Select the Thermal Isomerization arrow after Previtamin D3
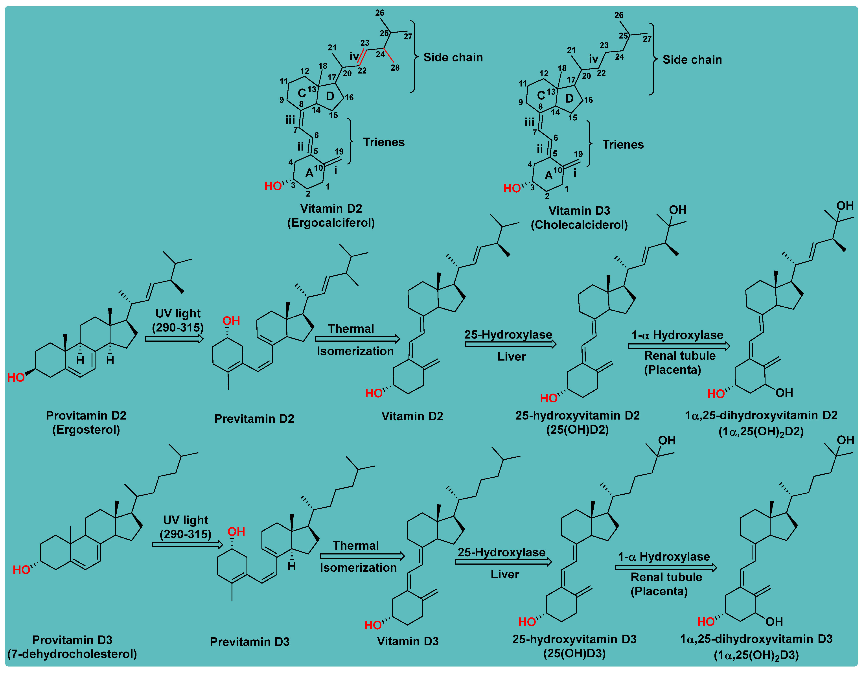(x=362, y=556)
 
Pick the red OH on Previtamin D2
(x=231, y=321)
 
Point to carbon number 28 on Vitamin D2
(x=395, y=68)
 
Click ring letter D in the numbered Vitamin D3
(x=569, y=98)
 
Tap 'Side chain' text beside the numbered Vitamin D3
(x=692, y=60)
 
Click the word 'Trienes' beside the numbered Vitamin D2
(x=384, y=142)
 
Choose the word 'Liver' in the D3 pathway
(x=505, y=575)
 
